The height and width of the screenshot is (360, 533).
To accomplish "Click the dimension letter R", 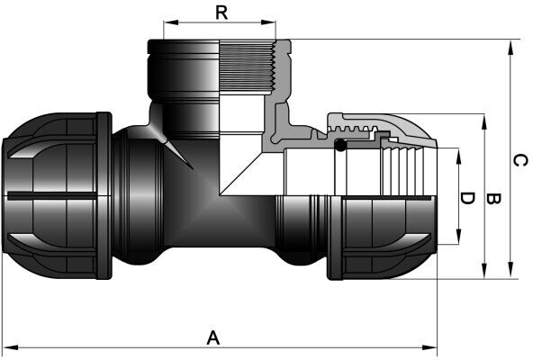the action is (x=221, y=13).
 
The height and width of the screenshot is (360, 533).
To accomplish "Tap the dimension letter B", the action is (x=492, y=198).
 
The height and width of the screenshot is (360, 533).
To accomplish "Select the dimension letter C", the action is (x=520, y=160).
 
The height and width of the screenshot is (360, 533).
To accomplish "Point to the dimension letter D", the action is (x=467, y=198).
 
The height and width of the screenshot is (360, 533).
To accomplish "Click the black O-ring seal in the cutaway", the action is (x=340, y=145).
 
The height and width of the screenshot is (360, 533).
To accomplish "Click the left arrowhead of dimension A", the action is (x=10, y=347).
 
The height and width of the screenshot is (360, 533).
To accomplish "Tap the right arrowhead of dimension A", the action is (x=429, y=347).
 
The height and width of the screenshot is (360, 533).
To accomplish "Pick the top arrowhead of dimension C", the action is (x=510, y=48).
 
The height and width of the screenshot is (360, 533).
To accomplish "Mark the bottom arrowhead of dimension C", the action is (x=510, y=271).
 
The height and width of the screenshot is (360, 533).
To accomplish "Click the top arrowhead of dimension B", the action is (x=484, y=121).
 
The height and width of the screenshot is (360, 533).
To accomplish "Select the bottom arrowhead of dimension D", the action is (x=458, y=237).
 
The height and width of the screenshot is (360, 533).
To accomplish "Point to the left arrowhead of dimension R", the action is (x=171, y=22).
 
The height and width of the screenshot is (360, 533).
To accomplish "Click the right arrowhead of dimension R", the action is (x=268, y=22).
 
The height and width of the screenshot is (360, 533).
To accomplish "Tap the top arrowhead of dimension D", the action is (x=458, y=156).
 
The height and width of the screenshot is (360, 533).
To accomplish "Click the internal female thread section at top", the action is (x=247, y=67).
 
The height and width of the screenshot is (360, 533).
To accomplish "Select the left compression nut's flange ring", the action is (x=104, y=196).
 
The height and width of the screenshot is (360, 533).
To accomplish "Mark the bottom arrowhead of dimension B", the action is (x=484, y=271).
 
